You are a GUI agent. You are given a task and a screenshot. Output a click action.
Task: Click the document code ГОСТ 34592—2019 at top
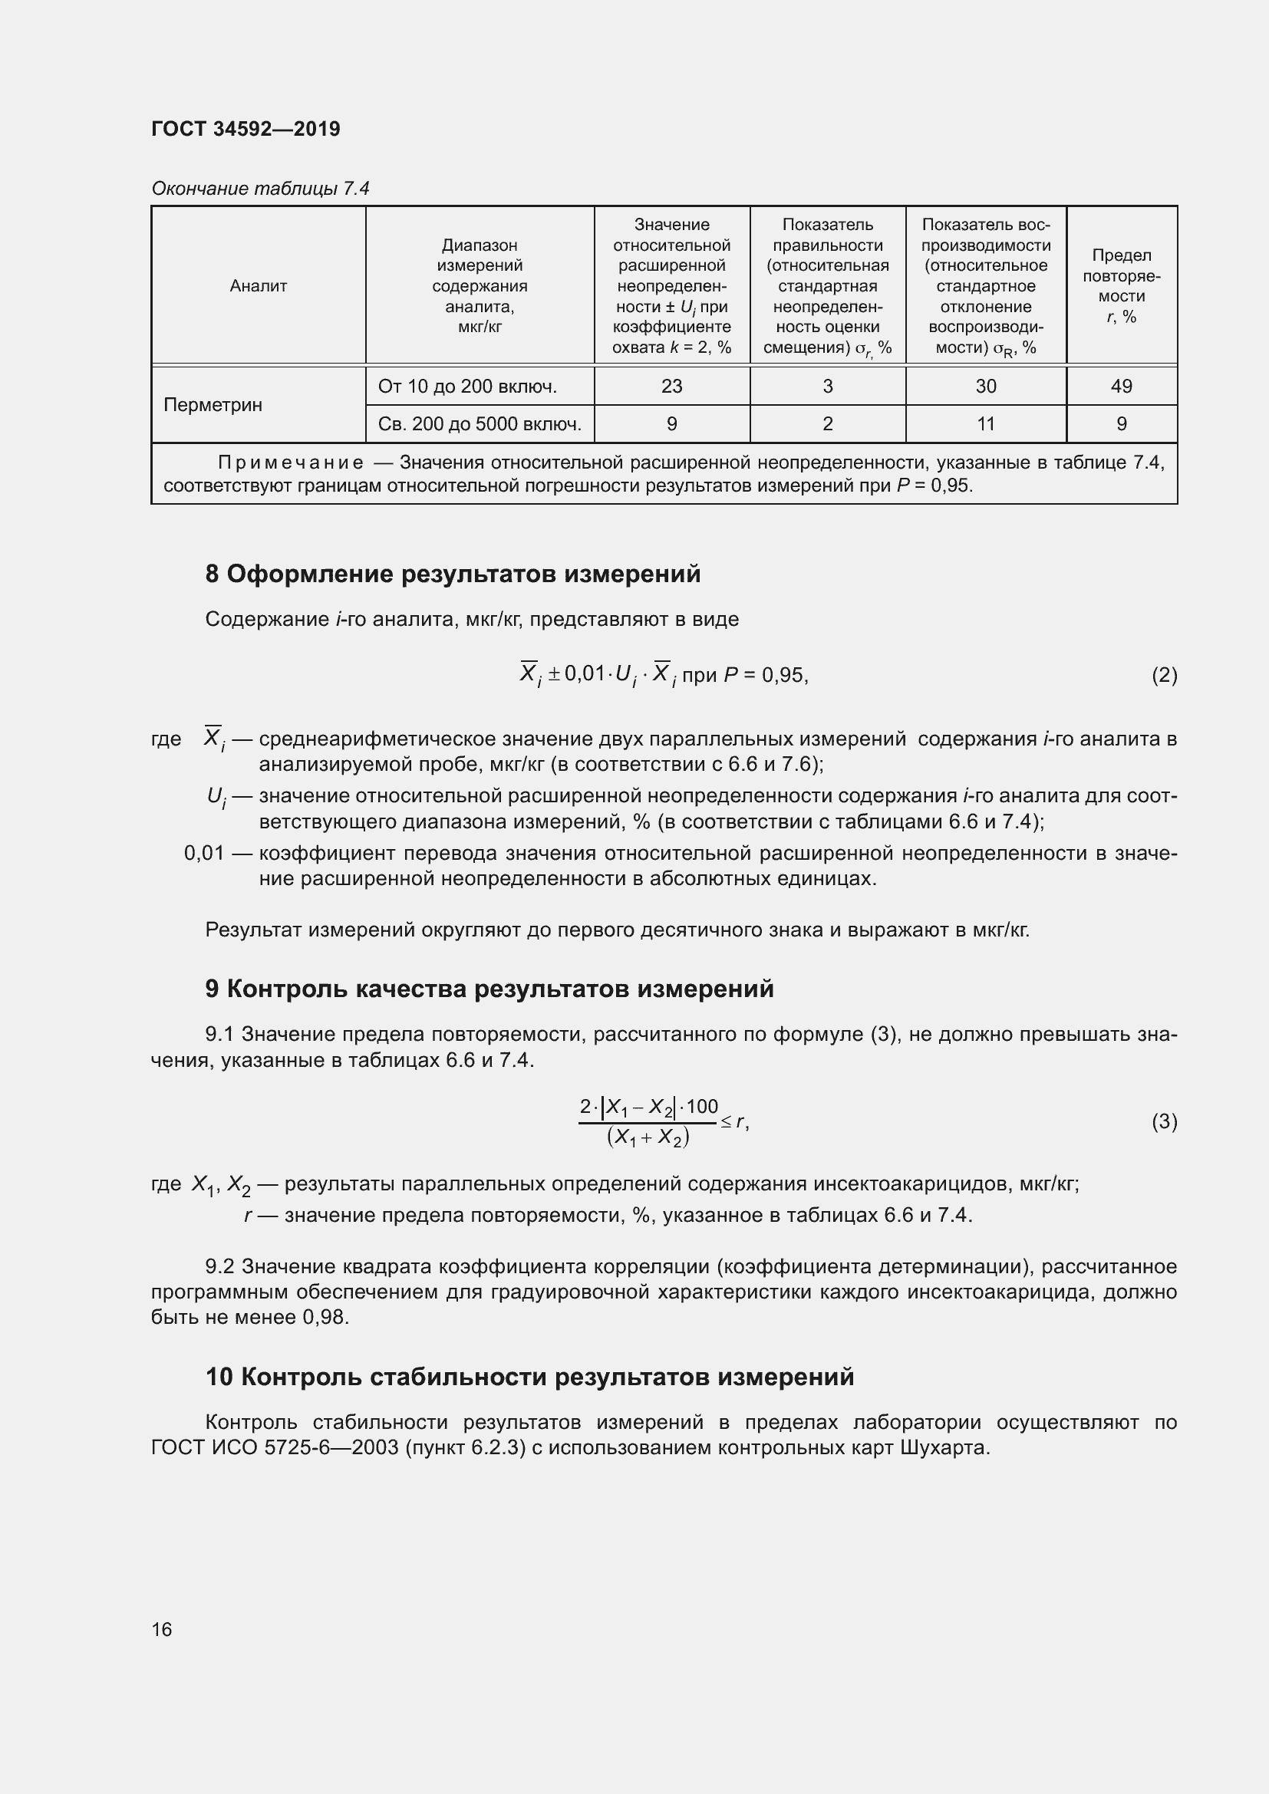point(246,129)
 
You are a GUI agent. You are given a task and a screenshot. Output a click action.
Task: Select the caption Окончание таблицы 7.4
point(259,189)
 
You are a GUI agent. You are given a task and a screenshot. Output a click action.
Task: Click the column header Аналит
point(258,286)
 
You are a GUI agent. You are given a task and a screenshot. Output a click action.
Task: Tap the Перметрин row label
point(213,405)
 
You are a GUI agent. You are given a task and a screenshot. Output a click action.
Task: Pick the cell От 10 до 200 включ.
point(466,386)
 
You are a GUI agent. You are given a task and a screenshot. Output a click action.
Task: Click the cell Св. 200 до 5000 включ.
point(479,423)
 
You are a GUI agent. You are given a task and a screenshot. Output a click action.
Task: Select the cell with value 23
point(671,386)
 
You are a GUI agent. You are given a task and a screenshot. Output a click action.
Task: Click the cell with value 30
point(985,386)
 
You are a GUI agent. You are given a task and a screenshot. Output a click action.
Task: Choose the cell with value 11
point(985,423)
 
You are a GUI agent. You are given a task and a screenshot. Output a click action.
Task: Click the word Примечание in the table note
point(290,463)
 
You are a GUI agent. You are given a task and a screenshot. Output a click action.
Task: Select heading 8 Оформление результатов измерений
point(453,574)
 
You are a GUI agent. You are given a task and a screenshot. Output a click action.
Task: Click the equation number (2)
point(1164,675)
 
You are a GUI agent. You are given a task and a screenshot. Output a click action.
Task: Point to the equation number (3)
point(1164,1122)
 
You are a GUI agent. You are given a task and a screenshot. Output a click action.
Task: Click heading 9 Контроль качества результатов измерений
point(489,989)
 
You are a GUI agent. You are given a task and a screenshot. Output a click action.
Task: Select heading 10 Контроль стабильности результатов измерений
point(529,1377)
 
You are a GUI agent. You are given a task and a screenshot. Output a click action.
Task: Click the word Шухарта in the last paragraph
point(944,1448)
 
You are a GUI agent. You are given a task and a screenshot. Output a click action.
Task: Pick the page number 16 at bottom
point(162,1630)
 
